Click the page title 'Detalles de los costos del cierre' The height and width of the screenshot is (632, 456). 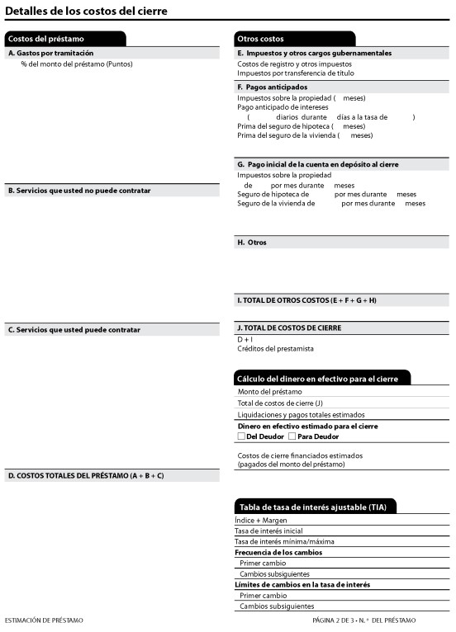(x=86, y=11)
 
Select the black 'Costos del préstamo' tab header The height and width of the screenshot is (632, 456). (x=46, y=39)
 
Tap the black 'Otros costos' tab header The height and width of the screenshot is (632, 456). (x=260, y=39)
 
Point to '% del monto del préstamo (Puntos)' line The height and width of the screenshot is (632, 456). (x=76, y=64)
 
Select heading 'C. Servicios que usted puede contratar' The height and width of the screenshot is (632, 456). (x=74, y=329)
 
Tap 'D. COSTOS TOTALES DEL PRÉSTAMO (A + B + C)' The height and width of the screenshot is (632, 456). (x=86, y=475)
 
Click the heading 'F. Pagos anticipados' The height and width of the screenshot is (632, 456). (x=272, y=87)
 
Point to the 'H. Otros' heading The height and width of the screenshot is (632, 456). (x=252, y=243)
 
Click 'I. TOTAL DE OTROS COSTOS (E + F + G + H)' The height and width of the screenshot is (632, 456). (x=306, y=300)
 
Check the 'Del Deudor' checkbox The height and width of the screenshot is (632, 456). (x=241, y=436)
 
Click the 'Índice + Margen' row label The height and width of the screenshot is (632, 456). (x=261, y=520)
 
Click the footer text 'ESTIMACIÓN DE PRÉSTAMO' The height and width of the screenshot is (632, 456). (x=44, y=620)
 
